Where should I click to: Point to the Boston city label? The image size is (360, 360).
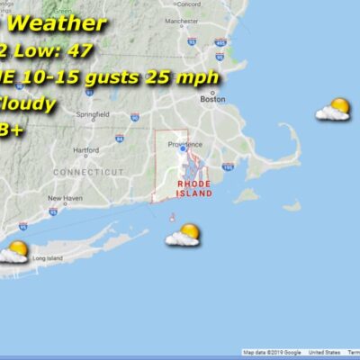click(x=212, y=100)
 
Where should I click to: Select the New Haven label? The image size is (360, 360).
click(x=65, y=198)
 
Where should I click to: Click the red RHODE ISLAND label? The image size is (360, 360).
click(x=193, y=188)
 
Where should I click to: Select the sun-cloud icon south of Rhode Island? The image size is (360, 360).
click(x=183, y=235)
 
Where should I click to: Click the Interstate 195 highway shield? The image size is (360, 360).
click(x=228, y=167)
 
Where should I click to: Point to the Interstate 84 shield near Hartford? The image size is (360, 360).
click(x=119, y=139)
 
